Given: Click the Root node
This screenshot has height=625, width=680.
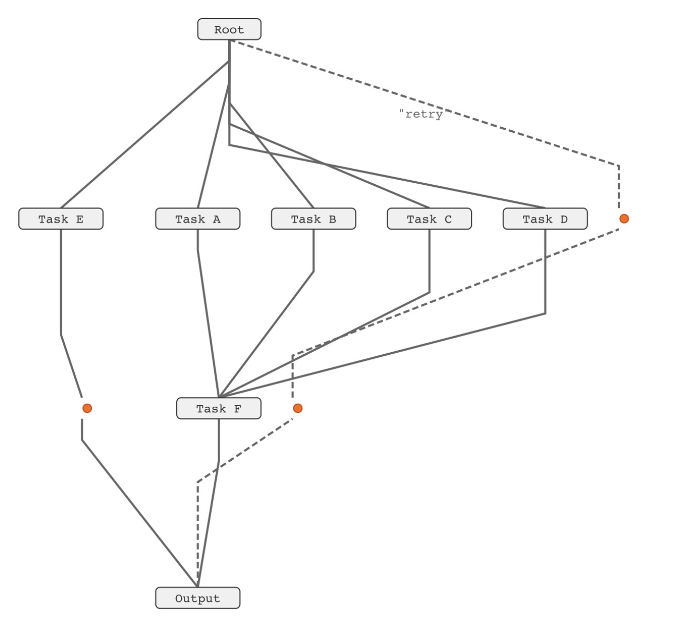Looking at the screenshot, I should (x=229, y=29).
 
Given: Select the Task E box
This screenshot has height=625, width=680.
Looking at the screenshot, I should (x=61, y=219).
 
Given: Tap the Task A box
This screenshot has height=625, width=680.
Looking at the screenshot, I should (x=197, y=219).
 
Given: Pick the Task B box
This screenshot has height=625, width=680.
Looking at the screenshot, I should (x=313, y=219).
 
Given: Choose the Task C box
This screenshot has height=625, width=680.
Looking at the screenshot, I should (x=429, y=219).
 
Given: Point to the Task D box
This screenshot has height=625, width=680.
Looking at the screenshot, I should (x=545, y=219).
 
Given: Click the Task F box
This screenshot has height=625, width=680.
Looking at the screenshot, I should (x=218, y=408).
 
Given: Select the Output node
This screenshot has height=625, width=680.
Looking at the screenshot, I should (x=197, y=598).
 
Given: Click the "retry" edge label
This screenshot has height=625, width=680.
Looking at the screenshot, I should (x=421, y=114).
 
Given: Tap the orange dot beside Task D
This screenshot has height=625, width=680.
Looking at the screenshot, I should (x=624, y=218).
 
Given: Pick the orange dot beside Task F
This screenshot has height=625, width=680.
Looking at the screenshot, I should (x=297, y=408).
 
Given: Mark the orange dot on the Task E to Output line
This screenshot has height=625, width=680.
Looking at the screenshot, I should (x=87, y=408).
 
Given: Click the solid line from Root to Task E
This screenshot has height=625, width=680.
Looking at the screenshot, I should (x=144, y=134).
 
